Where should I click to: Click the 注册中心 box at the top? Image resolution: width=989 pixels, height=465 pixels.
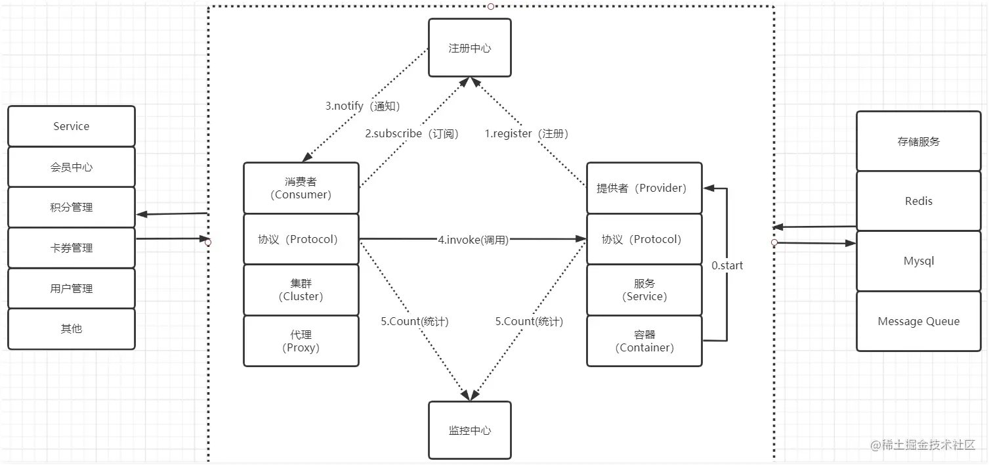(469, 48)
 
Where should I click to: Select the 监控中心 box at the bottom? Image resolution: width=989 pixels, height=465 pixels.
(469, 430)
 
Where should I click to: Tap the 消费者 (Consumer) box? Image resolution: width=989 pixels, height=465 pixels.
(301, 188)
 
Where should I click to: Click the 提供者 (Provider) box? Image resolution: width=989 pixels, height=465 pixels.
(644, 188)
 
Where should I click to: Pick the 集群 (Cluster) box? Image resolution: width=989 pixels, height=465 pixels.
(301, 290)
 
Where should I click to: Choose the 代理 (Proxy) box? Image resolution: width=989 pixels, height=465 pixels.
(301, 341)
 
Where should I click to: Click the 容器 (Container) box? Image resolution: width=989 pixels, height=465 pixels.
(644, 341)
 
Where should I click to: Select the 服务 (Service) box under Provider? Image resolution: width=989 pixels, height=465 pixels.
(644, 290)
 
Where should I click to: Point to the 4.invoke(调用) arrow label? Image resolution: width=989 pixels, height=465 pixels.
(473, 240)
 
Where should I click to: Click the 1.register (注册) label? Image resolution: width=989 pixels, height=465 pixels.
(526, 133)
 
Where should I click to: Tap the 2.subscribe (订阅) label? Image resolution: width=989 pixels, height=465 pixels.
(411, 133)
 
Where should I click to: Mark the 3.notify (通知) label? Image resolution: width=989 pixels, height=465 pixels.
(362, 106)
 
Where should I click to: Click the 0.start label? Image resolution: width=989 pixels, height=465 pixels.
(727, 266)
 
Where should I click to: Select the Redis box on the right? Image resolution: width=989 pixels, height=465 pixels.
(918, 201)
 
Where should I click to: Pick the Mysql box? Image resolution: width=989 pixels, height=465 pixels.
(918, 261)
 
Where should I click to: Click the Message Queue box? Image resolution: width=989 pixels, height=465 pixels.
(918, 321)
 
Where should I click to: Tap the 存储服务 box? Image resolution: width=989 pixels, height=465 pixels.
(918, 141)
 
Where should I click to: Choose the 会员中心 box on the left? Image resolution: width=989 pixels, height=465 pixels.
(72, 167)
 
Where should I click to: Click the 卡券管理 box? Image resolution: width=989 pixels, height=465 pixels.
(72, 248)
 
